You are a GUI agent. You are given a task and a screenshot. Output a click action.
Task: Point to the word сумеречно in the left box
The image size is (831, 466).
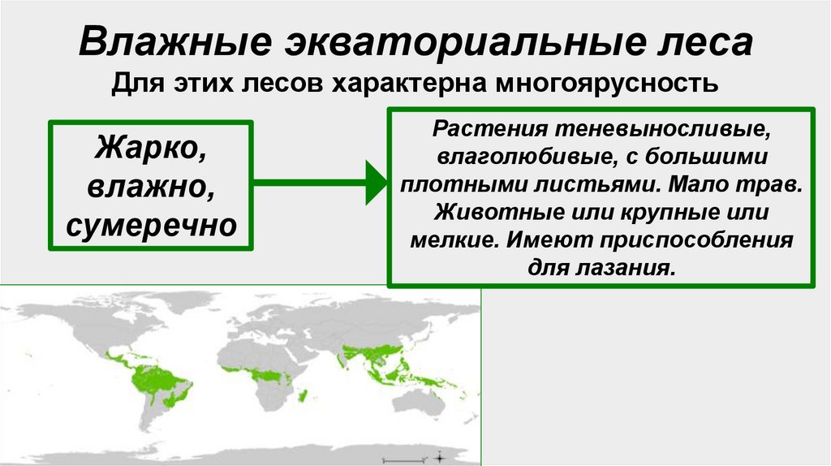click(x=152, y=222)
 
